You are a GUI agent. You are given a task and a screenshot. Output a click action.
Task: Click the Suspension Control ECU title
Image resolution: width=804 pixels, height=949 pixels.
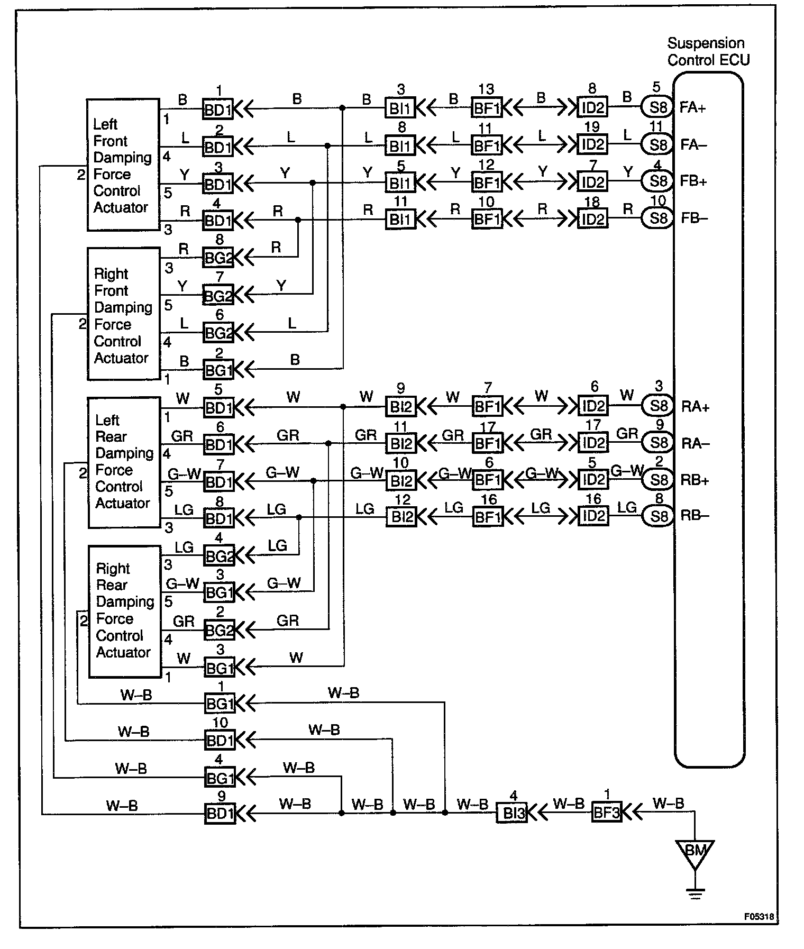click(x=708, y=51)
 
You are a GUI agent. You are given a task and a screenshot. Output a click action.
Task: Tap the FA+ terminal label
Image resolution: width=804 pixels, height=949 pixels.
click(x=692, y=108)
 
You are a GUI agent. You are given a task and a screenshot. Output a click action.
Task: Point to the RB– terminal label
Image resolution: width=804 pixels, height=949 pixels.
click(x=695, y=516)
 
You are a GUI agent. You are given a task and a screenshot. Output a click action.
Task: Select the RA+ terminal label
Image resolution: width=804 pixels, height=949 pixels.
click(x=695, y=407)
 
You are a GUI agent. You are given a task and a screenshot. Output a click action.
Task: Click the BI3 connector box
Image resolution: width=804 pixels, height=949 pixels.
click(x=512, y=813)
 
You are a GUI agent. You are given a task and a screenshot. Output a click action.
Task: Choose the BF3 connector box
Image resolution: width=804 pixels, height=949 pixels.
click(x=606, y=812)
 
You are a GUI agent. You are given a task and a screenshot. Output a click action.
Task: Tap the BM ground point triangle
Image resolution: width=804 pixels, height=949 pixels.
click(x=695, y=853)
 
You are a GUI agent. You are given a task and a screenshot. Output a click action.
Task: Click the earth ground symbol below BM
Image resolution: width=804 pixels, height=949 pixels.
click(x=695, y=895)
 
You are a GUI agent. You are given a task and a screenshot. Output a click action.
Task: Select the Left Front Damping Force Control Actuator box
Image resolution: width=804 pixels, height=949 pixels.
click(x=123, y=165)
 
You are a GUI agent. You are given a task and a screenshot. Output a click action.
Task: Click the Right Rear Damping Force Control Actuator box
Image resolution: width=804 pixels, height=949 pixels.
click(x=124, y=611)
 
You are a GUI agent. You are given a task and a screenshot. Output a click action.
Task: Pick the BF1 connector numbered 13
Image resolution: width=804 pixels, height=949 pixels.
click(x=487, y=108)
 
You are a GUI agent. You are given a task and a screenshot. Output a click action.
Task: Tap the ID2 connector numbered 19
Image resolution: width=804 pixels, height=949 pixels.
click(x=592, y=144)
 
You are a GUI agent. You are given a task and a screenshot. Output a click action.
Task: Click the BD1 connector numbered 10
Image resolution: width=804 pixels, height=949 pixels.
click(x=219, y=741)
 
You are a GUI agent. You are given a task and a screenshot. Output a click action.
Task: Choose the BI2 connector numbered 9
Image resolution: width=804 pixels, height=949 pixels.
click(x=400, y=407)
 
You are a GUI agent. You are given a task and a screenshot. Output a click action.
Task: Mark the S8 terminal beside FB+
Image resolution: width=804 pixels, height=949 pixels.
click(x=657, y=181)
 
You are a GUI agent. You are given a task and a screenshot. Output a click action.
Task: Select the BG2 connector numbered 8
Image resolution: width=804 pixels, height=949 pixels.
click(x=218, y=258)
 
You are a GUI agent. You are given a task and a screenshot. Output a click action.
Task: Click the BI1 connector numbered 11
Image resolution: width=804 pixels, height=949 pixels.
click(x=400, y=219)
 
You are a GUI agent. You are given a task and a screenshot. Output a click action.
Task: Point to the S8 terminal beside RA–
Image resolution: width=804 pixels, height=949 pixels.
click(x=658, y=443)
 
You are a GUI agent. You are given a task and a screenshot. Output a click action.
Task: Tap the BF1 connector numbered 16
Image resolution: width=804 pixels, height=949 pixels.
click(x=487, y=516)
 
